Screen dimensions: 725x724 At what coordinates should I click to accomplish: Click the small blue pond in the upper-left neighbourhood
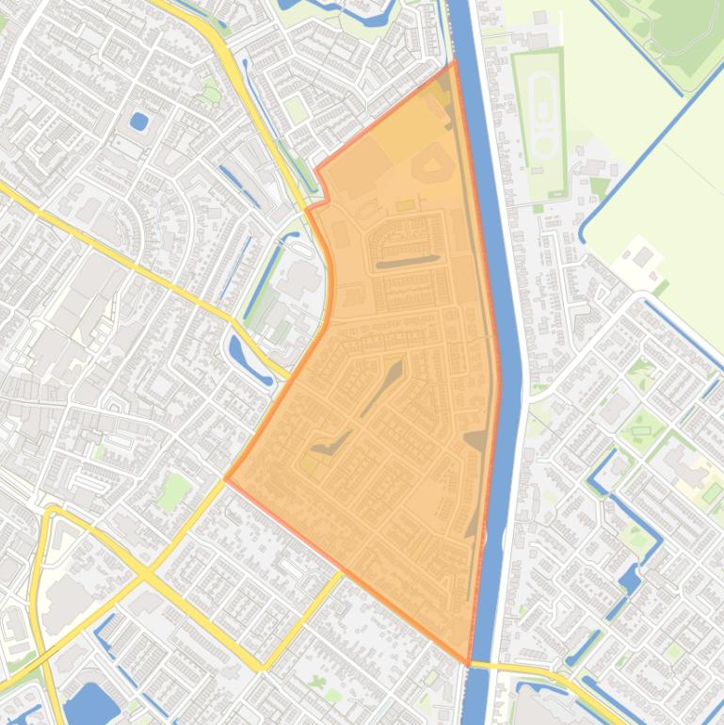pyautogui.click(x=139, y=121)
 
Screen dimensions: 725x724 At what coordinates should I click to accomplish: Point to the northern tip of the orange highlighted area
pyautogui.click(x=454, y=63)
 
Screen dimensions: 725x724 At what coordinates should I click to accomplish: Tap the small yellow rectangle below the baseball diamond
pyautogui.click(x=405, y=205)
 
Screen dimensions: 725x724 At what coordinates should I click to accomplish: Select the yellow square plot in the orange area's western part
pyautogui.click(x=309, y=463)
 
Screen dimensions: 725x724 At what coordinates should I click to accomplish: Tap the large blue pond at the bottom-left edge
pyautogui.click(x=91, y=704)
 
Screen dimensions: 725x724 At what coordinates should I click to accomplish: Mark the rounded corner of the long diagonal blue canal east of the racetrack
pyautogui.click(x=585, y=230)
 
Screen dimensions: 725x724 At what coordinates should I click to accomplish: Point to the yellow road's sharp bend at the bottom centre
pyautogui.click(x=263, y=668)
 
